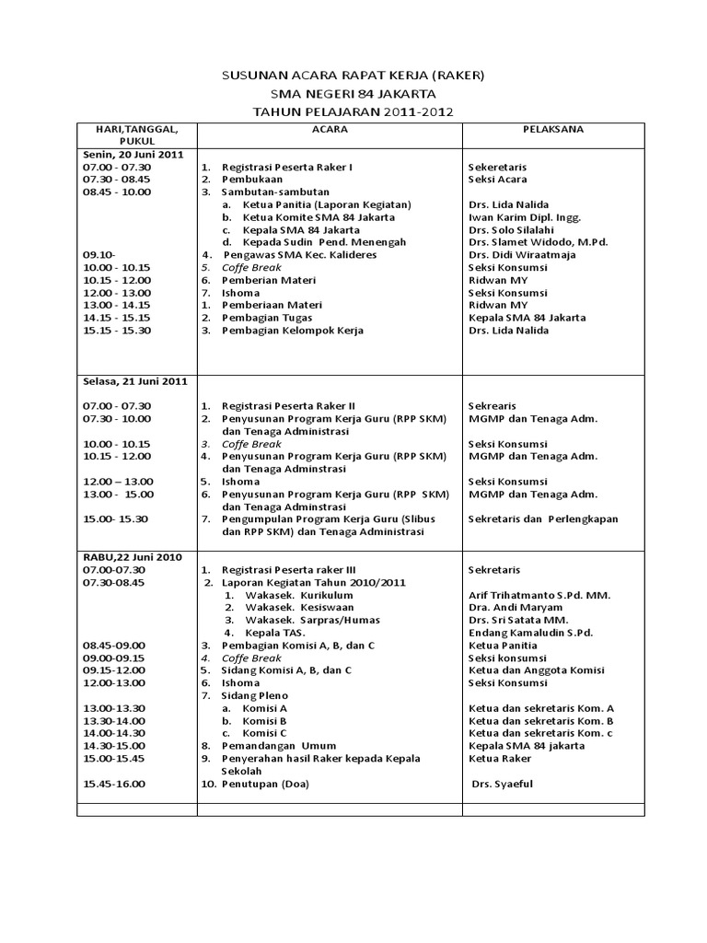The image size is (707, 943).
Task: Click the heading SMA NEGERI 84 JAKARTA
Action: pyautogui.click(x=353, y=93)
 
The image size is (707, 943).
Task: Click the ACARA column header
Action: pyautogui.click(x=330, y=130)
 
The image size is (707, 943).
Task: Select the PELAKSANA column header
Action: pyautogui.click(x=552, y=130)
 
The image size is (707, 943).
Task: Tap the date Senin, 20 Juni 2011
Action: pyautogui.click(x=128, y=155)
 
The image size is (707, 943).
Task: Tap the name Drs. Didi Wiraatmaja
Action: pyautogui.click(x=521, y=255)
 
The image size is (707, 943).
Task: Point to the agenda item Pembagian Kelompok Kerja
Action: pyautogui.click(x=292, y=330)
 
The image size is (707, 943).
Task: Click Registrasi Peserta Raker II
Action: pyautogui.click(x=287, y=406)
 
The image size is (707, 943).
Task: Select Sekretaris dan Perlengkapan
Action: pyautogui.click(x=543, y=519)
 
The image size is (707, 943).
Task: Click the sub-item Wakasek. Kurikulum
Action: pyautogui.click(x=293, y=595)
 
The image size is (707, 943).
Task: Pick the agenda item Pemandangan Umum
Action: pyautogui.click(x=279, y=745)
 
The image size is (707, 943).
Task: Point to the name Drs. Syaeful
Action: pyautogui.click(x=503, y=784)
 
